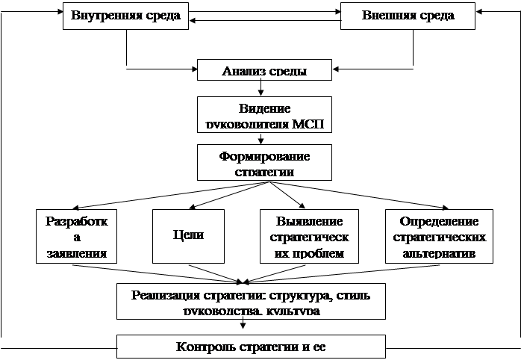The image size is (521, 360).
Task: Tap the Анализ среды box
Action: pyautogui.click(x=265, y=71)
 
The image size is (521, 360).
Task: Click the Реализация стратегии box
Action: pyautogui.click(x=250, y=300)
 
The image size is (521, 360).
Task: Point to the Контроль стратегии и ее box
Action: pyautogui.click(x=251, y=347)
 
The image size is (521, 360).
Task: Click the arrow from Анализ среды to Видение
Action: pyautogui.click(x=259, y=88)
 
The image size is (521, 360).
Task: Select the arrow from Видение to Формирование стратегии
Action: pyautogui.click(x=259, y=137)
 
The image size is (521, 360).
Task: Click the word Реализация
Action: pyautogui.click(x=162, y=294)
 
